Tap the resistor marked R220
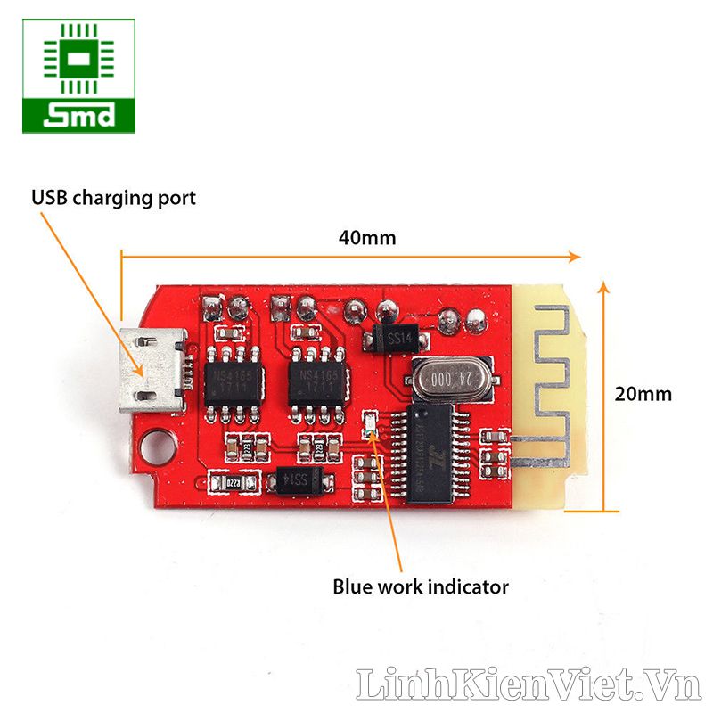pyautogui.click(x=233, y=482)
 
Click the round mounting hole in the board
pyautogui.click(x=158, y=443)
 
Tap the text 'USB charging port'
pyautogui.click(x=113, y=197)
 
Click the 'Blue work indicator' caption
pyautogui.click(x=421, y=586)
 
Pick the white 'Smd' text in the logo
pyautogui.click(x=79, y=116)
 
